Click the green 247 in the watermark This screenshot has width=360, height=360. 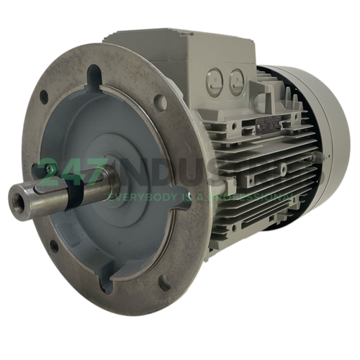coord(68,174)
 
